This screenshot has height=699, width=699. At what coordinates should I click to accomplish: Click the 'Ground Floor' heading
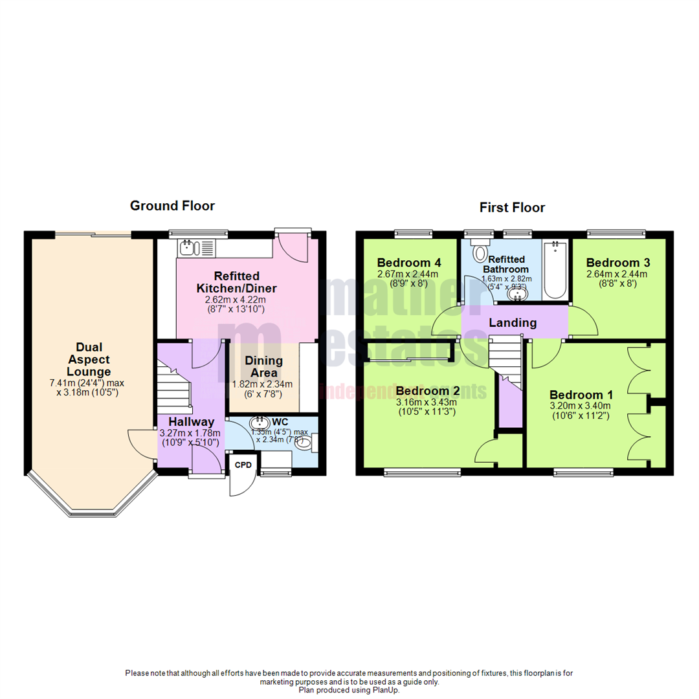(x=172, y=206)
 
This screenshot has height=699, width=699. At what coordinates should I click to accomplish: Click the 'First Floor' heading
(x=512, y=208)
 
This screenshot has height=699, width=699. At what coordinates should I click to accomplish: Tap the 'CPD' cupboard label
(x=243, y=465)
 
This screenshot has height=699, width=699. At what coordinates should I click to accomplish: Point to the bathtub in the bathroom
(x=555, y=271)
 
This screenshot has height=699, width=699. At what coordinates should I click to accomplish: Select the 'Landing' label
(x=512, y=322)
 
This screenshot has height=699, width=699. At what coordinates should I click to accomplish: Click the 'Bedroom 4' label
(x=409, y=263)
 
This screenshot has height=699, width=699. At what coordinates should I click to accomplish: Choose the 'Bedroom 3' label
(x=617, y=263)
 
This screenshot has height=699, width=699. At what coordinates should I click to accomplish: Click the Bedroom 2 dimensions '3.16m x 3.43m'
(x=428, y=403)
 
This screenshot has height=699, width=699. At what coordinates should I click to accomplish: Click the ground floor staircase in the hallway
(x=175, y=388)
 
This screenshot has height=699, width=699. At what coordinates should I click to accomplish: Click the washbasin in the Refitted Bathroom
(x=517, y=294)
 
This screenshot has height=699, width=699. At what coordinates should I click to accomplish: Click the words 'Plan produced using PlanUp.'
(x=349, y=690)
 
